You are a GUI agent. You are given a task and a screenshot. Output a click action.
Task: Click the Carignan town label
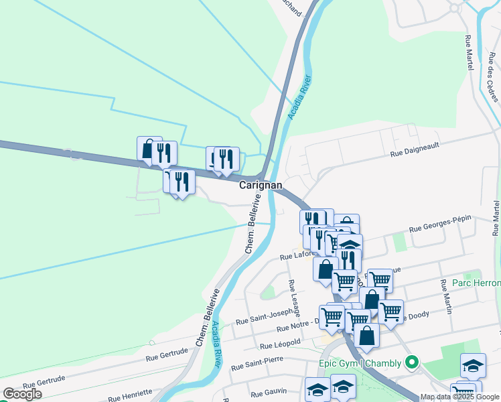coord(261,185)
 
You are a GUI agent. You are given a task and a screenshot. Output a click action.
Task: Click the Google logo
coord(22,394)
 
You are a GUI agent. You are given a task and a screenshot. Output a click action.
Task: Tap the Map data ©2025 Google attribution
coord(460,397)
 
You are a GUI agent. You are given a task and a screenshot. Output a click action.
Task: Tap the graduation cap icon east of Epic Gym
coord(473,365)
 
